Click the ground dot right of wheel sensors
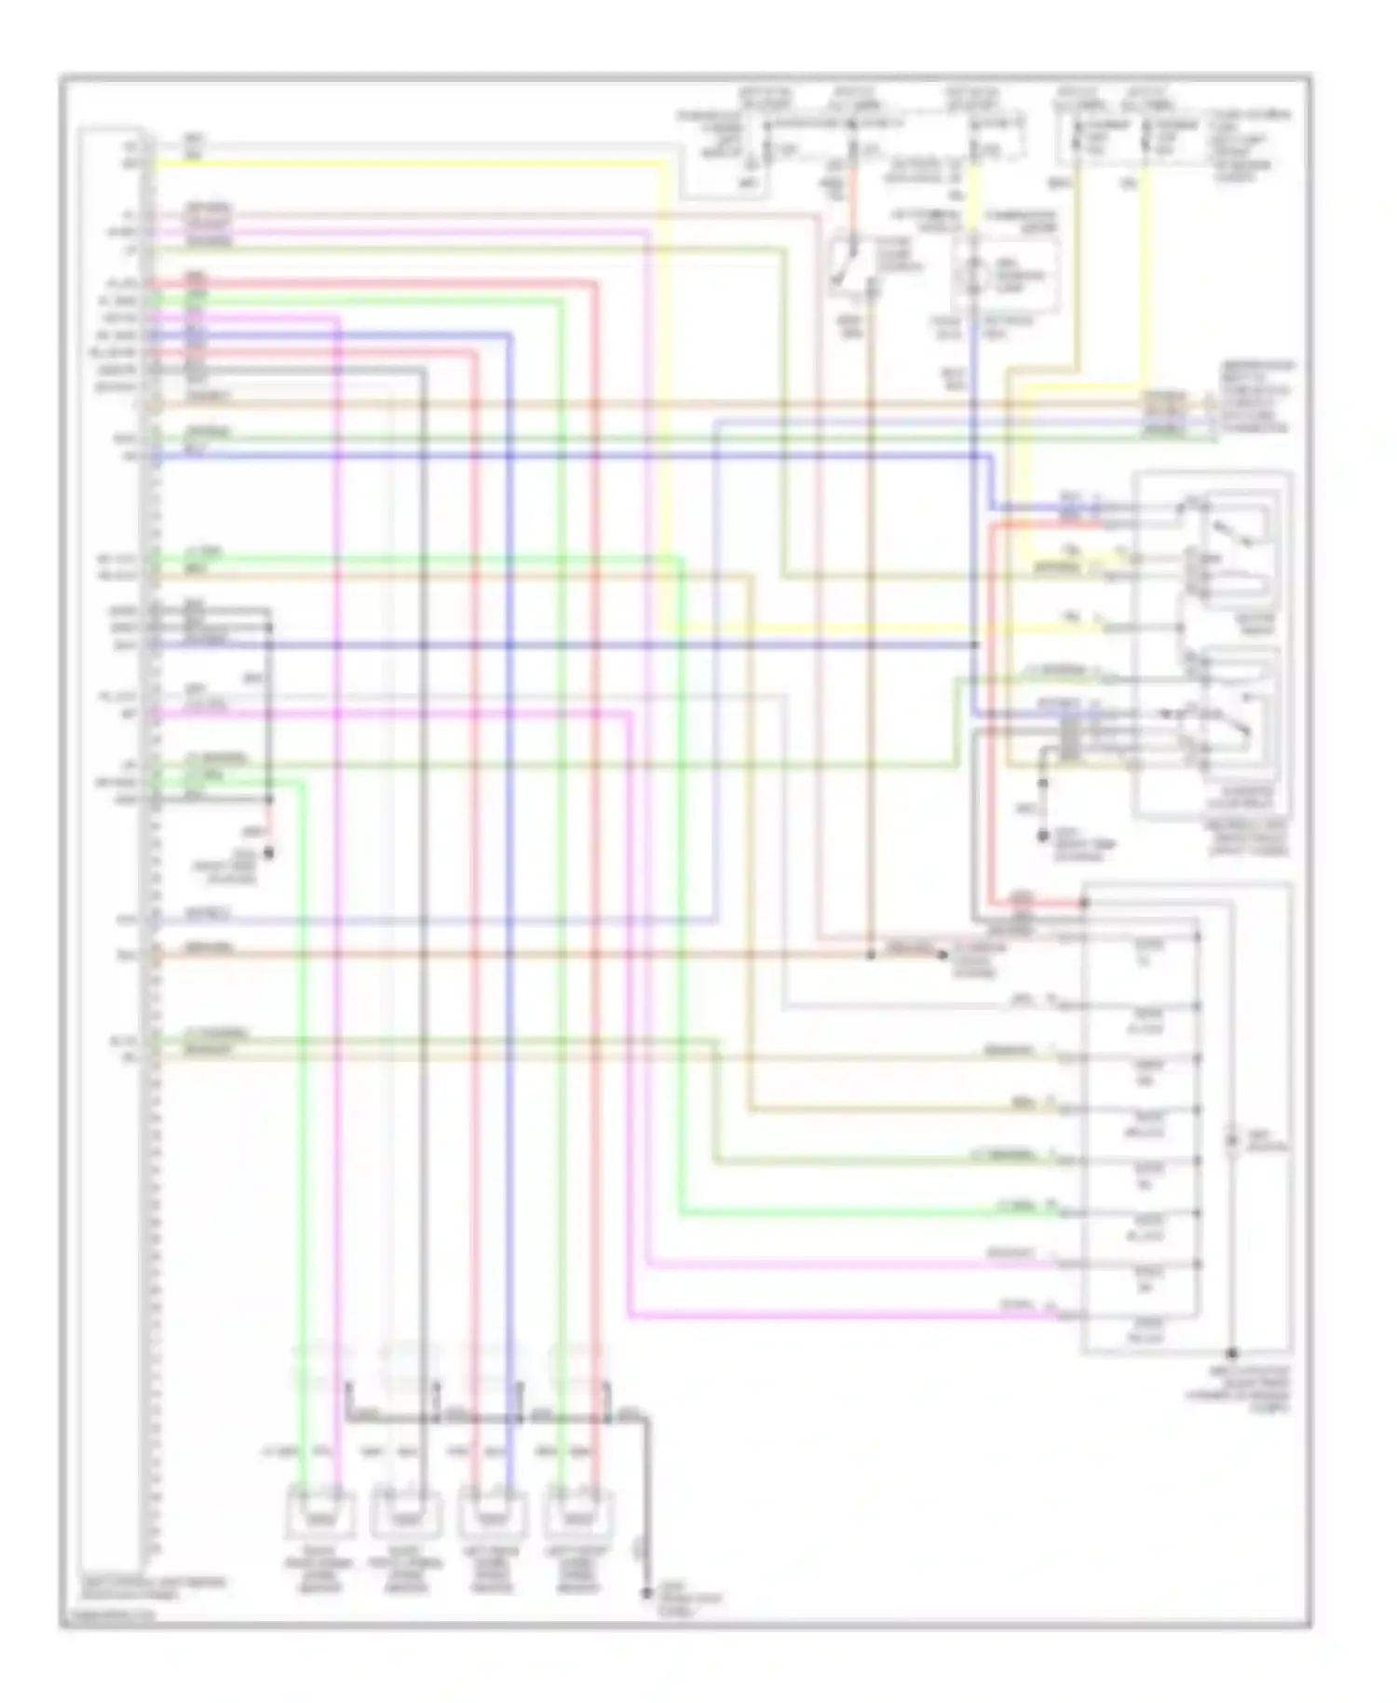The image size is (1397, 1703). [646, 1593]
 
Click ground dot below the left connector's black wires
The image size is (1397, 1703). [270, 851]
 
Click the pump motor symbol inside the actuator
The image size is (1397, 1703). [1231, 1140]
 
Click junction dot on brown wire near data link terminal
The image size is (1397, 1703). [870, 955]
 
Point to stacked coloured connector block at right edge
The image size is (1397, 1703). [1164, 415]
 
